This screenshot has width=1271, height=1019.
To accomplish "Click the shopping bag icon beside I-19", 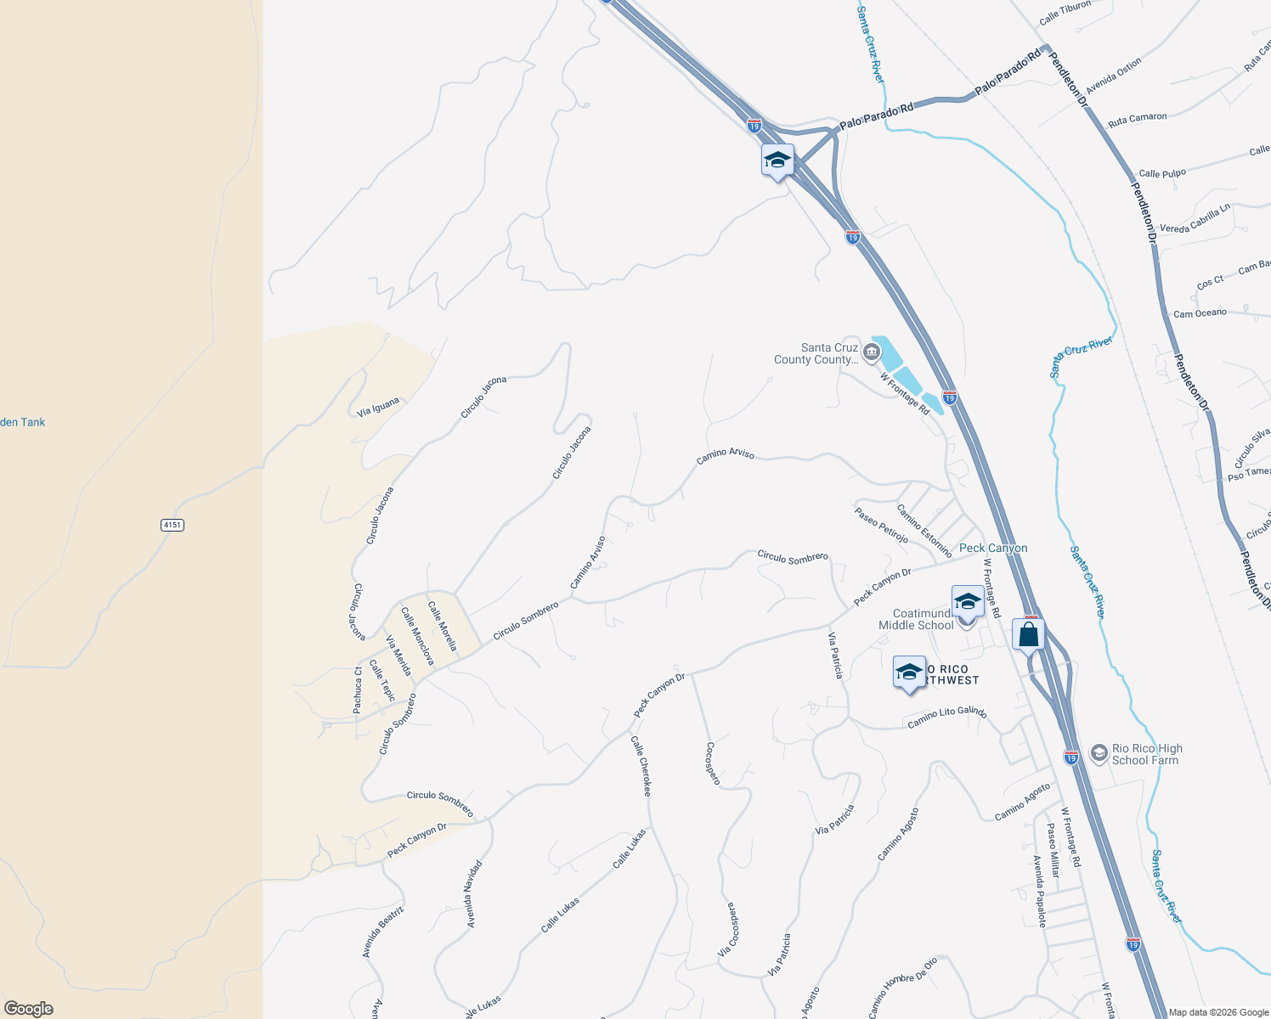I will pos(1028,634).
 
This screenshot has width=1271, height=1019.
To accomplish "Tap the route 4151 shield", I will pos(172,525).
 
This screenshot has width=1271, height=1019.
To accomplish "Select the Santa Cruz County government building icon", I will pos(871,352).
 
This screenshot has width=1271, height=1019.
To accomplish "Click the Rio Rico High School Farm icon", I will pos(1099,753).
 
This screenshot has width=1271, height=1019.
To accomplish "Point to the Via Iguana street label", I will pos(378,407).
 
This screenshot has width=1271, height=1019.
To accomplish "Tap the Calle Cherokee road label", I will pos(641,765).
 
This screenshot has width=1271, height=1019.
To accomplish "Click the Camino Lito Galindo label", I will pos(946,718).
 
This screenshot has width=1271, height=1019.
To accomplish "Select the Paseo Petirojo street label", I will pos(881,525).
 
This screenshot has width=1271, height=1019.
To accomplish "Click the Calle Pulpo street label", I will pos(1161,173).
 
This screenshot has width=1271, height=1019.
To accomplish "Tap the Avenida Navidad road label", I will pos(473,893).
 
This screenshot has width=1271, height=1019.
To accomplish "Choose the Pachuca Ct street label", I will pos(358,689).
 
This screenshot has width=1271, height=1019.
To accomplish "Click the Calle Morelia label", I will pos(442,626).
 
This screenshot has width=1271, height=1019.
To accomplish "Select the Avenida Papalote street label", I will pos(1039,891).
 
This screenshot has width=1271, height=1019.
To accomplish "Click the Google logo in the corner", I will pos(28,1008).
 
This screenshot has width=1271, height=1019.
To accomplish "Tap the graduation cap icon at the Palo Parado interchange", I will pos(777,160).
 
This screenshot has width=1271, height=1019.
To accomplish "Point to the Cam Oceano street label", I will pos(1200,313).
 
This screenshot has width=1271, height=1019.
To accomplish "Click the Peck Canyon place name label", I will pos(993,549).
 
